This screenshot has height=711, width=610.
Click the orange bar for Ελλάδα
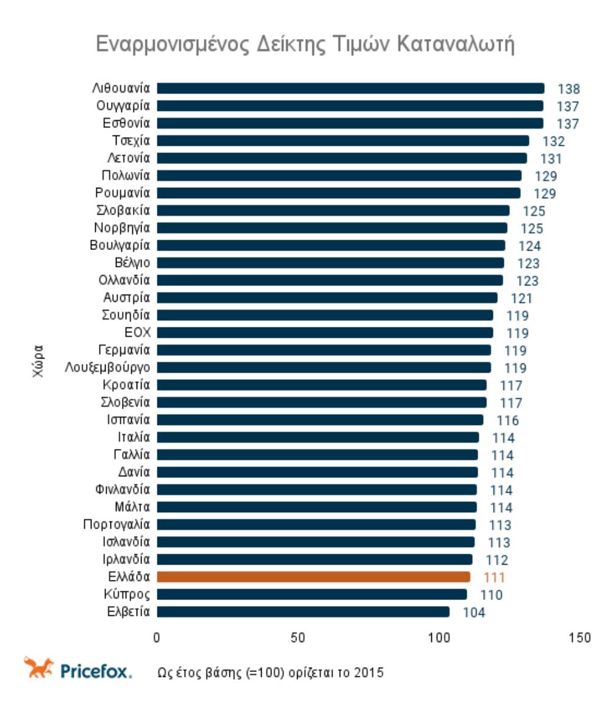tap(314, 577)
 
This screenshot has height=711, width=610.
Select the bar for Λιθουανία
tap(351, 88)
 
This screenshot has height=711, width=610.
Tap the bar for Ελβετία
tap(303, 612)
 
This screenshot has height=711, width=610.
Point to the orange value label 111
tap(494, 577)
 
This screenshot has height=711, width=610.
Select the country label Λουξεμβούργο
tap(108, 368)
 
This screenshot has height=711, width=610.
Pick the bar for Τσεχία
tap(343, 141)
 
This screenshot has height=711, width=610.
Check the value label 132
tap(553, 142)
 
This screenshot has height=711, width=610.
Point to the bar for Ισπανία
tap(320, 420)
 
